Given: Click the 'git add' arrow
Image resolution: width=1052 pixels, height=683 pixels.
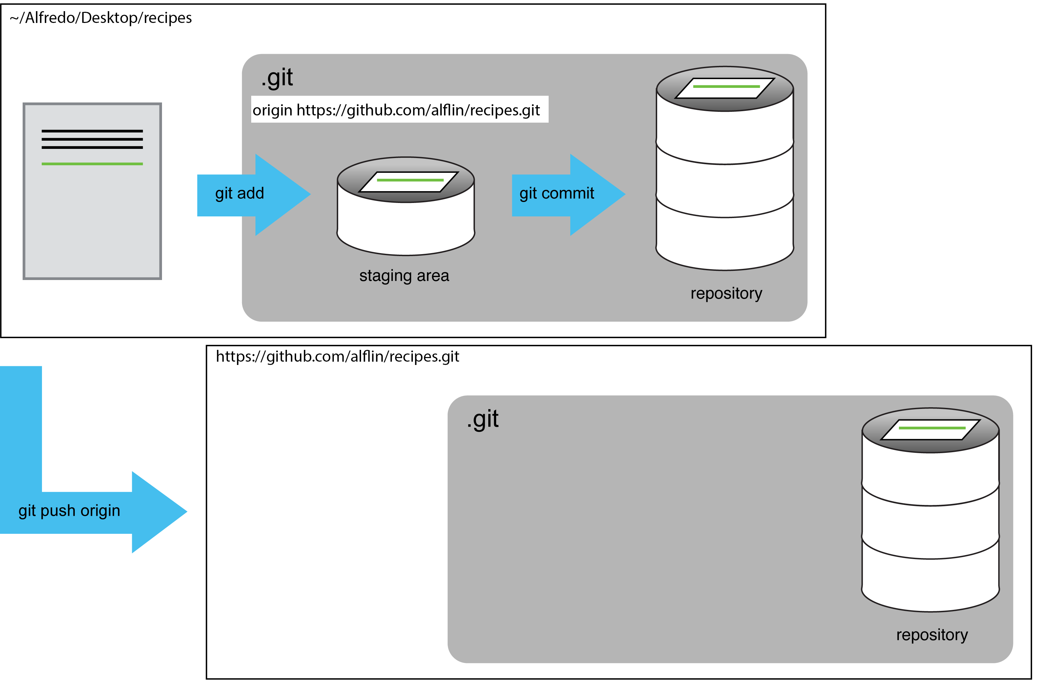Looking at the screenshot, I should pyautogui.click(x=248, y=194).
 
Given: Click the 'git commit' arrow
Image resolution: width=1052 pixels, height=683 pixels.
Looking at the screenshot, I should pyautogui.click(x=561, y=194).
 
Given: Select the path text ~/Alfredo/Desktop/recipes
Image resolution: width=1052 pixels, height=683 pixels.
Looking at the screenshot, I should pyautogui.click(x=101, y=18).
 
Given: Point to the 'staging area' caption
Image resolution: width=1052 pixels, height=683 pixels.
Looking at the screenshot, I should pyautogui.click(x=404, y=276).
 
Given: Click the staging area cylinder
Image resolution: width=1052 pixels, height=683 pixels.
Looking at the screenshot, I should pyautogui.click(x=405, y=221).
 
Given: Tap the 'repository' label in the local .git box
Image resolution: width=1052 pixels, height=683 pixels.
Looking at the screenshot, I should pyautogui.click(x=726, y=293).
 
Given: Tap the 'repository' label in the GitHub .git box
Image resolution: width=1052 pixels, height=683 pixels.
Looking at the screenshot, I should pyautogui.click(x=932, y=635).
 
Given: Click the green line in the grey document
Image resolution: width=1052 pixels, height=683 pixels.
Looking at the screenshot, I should pyautogui.click(x=92, y=164).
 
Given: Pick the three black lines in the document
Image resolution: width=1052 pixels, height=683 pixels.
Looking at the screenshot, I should pyautogui.click(x=92, y=139).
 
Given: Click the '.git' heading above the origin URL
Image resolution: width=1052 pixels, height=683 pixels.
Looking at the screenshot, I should pyautogui.click(x=277, y=78).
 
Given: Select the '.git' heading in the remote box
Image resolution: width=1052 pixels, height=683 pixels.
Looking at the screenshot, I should pyautogui.click(x=483, y=419).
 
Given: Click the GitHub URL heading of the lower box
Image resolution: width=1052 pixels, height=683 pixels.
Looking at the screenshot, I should pyautogui.click(x=337, y=357).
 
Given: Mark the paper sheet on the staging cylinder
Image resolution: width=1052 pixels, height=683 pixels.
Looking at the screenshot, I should pyautogui.click(x=409, y=181).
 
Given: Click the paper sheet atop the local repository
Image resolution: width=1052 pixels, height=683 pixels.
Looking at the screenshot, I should pyautogui.click(x=725, y=88).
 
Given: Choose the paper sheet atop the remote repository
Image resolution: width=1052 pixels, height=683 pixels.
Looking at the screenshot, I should pyautogui.click(x=930, y=429).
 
